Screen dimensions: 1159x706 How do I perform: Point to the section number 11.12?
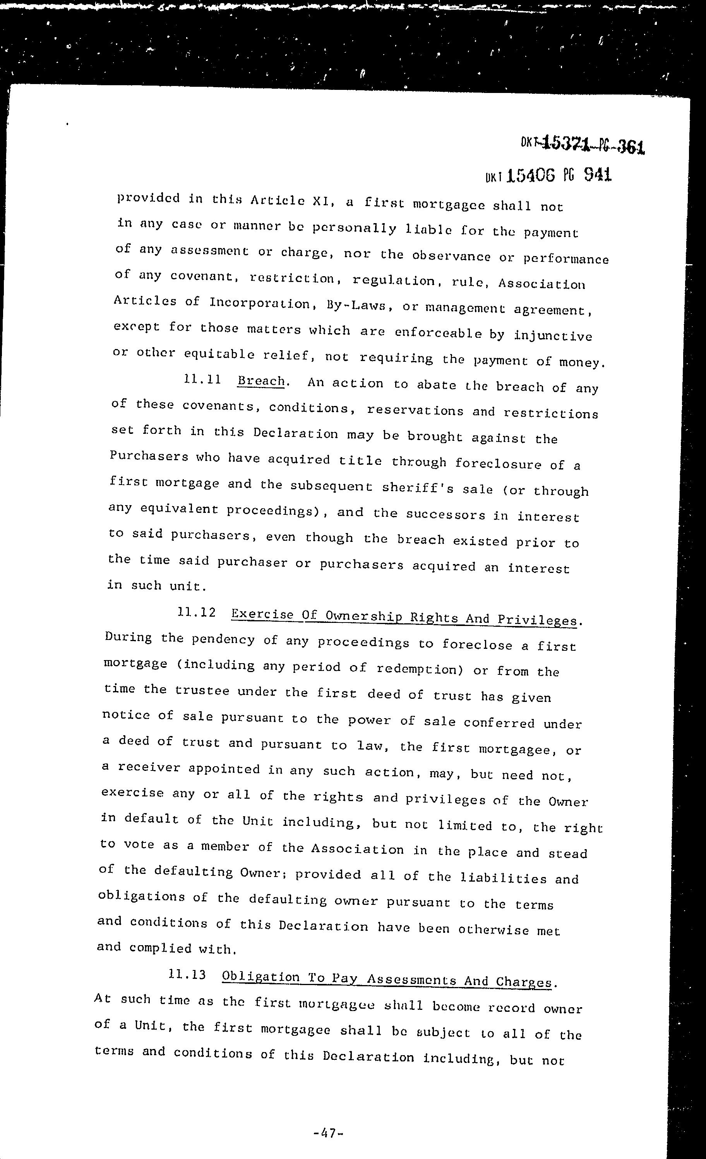(197, 612)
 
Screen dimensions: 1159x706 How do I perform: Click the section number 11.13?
(187, 974)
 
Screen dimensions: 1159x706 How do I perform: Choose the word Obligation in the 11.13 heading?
(260, 977)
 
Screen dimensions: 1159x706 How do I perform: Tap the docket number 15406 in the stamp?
(531, 176)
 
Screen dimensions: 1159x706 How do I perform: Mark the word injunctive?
(552, 335)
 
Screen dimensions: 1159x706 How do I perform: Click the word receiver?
(149, 767)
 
